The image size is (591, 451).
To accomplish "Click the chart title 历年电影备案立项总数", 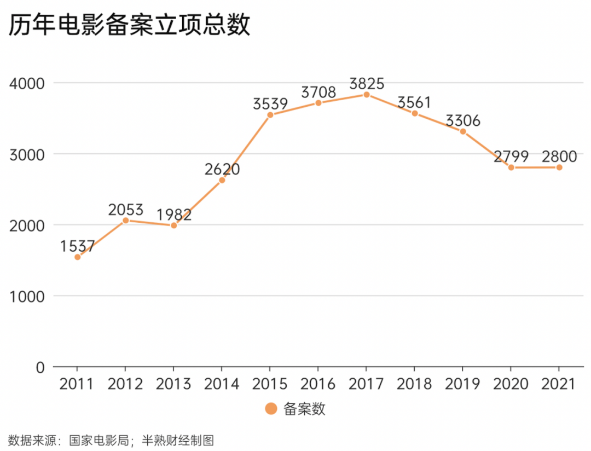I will [129, 25].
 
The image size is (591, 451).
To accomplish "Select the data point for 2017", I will [367, 95].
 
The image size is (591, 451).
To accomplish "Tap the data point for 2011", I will [78, 257].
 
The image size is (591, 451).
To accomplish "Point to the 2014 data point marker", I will [222, 180].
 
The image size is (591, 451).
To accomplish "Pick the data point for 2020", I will [511, 167].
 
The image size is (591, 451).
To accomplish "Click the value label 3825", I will [367, 84].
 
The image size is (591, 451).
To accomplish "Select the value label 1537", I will [78, 246].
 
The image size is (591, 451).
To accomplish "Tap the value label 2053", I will [126, 210].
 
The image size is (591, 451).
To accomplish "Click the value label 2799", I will [511, 157].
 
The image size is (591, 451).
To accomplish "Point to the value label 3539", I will [270, 104].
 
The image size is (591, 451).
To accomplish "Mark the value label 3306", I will [463, 120].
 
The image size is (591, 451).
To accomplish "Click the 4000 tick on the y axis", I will [27, 83].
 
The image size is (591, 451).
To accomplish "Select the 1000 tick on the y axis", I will [27, 296].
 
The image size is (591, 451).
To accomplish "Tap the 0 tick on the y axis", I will [40, 367].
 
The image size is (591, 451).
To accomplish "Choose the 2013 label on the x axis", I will [174, 384].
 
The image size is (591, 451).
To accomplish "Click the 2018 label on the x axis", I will [415, 384].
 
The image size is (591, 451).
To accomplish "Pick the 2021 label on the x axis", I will [559, 384].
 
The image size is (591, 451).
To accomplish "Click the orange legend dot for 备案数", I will [271, 409].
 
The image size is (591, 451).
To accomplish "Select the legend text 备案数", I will [304, 409].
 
